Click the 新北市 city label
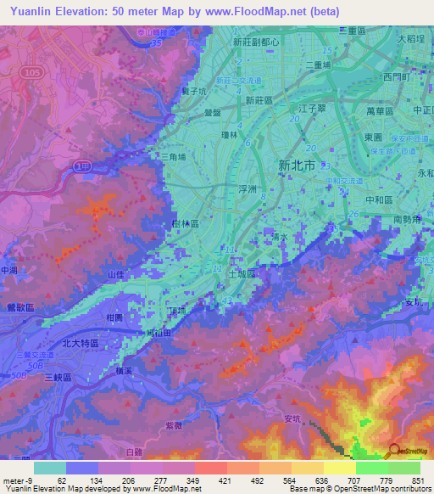click(297, 166)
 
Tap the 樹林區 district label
click(184, 223)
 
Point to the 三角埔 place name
click(173, 156)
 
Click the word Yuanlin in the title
click(30, 12)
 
